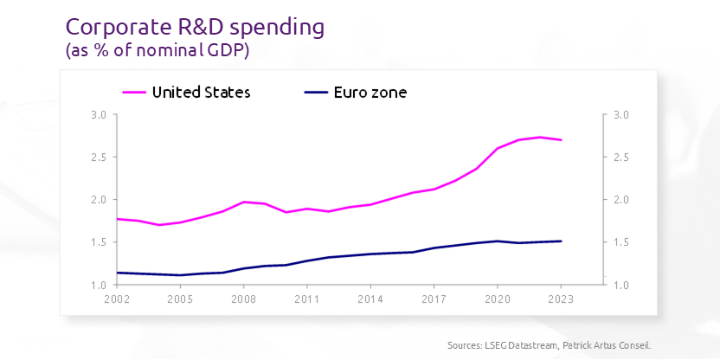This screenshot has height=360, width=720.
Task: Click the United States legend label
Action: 201,92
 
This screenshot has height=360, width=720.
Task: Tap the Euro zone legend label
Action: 370,92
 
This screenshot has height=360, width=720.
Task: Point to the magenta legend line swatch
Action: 133,92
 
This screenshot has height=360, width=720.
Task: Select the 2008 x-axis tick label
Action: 243,299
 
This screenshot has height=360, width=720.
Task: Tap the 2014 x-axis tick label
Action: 370,299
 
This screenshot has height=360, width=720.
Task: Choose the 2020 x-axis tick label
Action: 498,299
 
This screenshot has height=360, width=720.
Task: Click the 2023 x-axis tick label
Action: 562,299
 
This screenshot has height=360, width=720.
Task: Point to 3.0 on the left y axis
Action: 98,115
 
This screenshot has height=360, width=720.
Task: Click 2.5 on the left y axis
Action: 98,157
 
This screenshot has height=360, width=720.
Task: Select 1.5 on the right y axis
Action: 623,242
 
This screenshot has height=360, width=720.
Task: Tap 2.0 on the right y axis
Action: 623,200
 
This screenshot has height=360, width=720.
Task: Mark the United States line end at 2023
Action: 562,140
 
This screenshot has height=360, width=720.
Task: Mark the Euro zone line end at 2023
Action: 562,241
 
